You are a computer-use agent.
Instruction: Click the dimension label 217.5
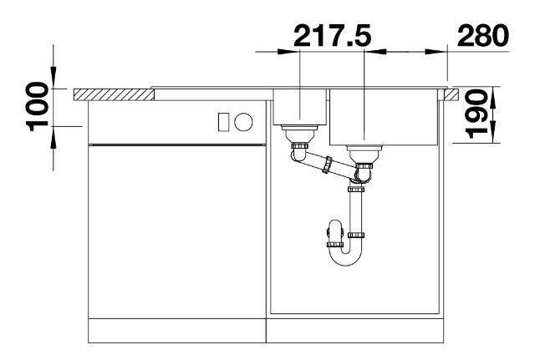[332, 35]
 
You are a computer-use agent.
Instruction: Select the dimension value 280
[483, 35]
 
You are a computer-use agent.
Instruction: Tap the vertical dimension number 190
[476, 114]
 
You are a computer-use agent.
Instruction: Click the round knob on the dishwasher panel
[243, 122]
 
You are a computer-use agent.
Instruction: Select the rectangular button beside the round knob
[223, 122]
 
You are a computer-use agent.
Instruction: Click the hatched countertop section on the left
[114, 94]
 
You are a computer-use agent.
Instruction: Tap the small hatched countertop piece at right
[452, 94]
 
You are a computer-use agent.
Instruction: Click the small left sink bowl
[300, 107]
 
